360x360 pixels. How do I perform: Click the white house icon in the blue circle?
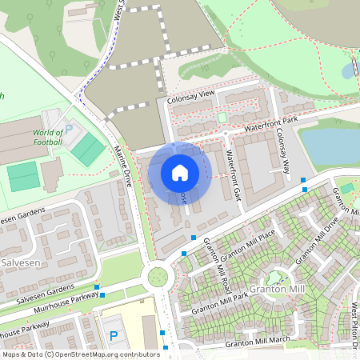click(x=180, y=172)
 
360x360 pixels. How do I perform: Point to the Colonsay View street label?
click(x=191, y=96)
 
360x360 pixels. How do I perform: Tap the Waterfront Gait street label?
click(x=234, y=174)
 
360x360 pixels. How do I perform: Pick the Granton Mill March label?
click(x=257, y=342)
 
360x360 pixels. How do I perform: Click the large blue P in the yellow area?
click(x=114, y=336)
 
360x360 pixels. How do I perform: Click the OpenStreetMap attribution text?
click(x=80, y=354)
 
